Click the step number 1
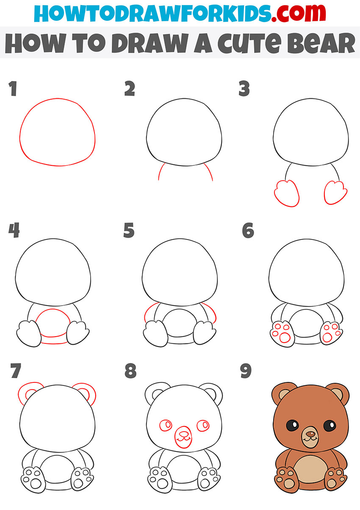(x=13, y=89)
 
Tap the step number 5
(x=129, y=230)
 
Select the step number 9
(x=246, y=371)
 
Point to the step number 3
(x=244, y=89)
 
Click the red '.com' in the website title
(x=298, y=13)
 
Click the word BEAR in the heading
(x=321, y=43)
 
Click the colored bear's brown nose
(x=310, y=434)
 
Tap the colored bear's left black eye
(x=292, y=425)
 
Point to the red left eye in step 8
(x=166, y=425)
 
